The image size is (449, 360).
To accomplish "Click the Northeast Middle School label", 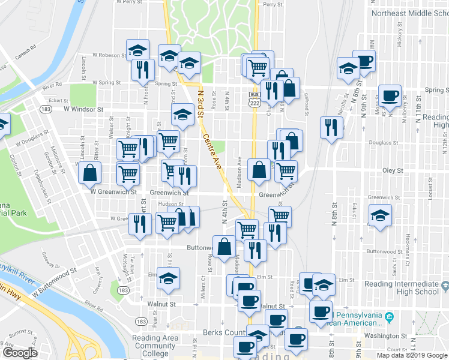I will [x=409, y=13].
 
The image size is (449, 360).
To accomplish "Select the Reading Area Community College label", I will [x=155, y=346].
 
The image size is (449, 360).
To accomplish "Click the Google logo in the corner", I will [x=19, y=352].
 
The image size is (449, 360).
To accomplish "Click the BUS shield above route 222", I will [x=254, y=95].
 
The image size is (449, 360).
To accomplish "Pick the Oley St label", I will [x=393, y=170].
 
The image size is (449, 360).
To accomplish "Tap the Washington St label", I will [x=387, y=336].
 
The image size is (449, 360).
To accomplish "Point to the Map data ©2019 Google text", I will [x=412, y=355].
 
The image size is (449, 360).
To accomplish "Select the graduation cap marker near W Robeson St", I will [x=137, y=49].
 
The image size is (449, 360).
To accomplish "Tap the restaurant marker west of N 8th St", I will [x=331, y=126].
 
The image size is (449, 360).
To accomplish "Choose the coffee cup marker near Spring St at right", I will [x=390, y=95].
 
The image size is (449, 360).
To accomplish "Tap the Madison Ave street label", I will [x=240, y=172].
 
